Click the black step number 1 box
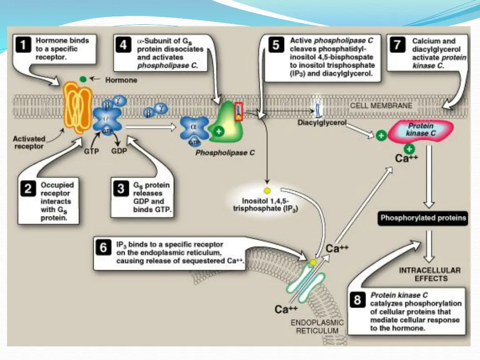tap(23, 45)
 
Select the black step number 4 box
tap(123, 45)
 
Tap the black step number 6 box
tap(103, 247)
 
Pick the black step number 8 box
tap(357, 300)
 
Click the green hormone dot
tap(83, 79)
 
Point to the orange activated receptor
tap(77, 107)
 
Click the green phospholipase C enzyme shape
tap(226, 122)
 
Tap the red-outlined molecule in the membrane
tap(239, 112)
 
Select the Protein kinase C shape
tap(420, 131)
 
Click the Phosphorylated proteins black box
tap(423, 218)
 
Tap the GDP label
tap(119, 151)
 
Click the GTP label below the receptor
tap(91, 151)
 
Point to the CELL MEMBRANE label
tap(381, 105)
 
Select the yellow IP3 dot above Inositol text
tap(267, 191)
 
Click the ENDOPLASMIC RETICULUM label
tap(317, 327)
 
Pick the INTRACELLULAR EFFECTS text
tap(430, 274)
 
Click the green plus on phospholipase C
tap(218, 132)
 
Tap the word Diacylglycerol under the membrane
tap(322, 123)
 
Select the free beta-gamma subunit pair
tap(156, 111)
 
